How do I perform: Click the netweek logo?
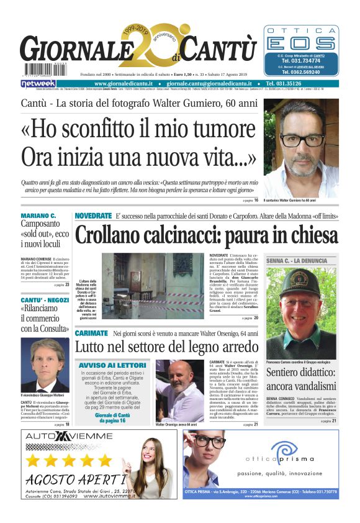[38, 83]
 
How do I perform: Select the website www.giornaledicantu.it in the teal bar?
[130, 83]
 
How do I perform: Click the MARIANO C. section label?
[38, 216]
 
